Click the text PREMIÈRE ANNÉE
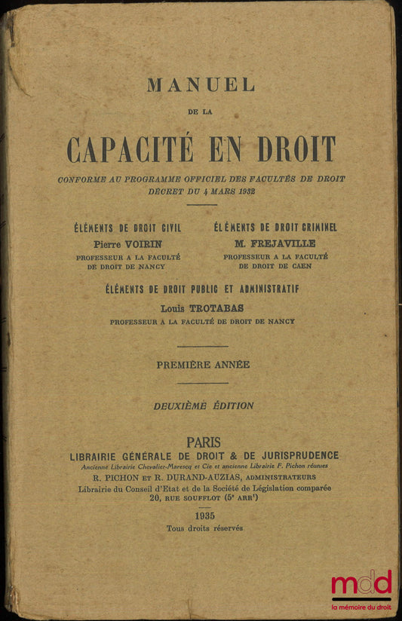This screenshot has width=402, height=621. click(x=202, y=364)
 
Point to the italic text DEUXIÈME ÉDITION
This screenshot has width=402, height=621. click(x=203, y=405)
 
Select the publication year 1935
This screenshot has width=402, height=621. click(x=204, y=515)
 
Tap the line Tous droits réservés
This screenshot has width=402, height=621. click(x=204, y=528)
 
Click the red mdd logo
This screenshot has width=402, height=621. click(x=361, y=583)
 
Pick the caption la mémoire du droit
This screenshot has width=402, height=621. click(x=361, y=607)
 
